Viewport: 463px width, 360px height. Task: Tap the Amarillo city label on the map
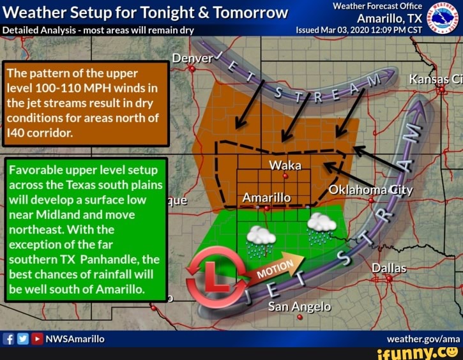[x=267, y=198]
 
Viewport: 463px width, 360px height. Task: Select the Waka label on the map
[x=285, y=165]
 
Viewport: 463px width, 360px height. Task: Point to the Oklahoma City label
[x=370, y=190]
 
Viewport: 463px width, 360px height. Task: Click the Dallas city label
[x=389, y=268]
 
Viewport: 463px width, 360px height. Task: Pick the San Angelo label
[x=300, y=307]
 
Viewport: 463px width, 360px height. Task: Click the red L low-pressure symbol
[x=212, y=274]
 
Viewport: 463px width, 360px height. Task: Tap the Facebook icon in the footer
[x=9, y=338]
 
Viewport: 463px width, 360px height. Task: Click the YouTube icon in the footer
[x=37, y=338]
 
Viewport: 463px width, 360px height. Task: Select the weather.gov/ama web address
[x=423, y=338]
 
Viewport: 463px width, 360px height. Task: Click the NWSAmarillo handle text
[x=75, y=338]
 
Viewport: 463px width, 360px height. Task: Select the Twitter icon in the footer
[x=23, y=338]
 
